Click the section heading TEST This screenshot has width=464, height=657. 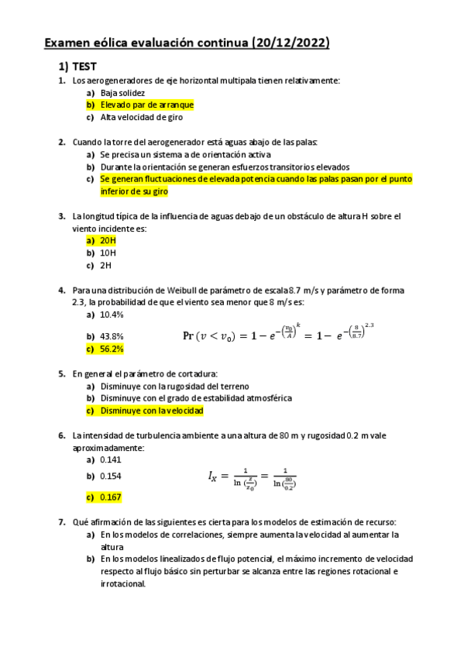84,67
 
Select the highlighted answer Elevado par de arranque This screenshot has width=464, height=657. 146,105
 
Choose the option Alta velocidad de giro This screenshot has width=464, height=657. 142,118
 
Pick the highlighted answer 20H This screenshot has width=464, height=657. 108,241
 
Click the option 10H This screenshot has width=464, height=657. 108,253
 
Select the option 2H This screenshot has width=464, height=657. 106,266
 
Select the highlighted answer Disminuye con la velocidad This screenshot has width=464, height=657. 152,411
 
